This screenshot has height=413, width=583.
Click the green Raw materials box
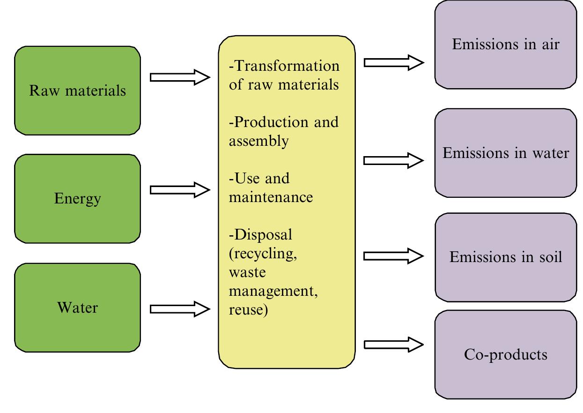pyautogui.click(x=77, y=90)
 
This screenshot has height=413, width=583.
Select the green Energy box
pyautogui.click(x=77, y=199)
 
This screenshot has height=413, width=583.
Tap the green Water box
pyautogui.click(x=77, y=308)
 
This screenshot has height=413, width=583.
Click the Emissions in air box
pyautogui.click(x=506, y=45)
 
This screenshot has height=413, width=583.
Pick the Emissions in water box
pyautogui.click(x=506, y=153)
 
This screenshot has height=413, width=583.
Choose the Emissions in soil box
pyautogui.click(x=506, y=257)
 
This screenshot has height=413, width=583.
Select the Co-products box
pyautogui.click(x=506, y=354)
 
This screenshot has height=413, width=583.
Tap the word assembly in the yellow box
pyautogui.click(x=258, y=141)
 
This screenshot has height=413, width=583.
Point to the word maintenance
pyautogui.click(x=271, y=197)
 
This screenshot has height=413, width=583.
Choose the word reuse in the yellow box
pyautogui.click(x=248, y=309)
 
